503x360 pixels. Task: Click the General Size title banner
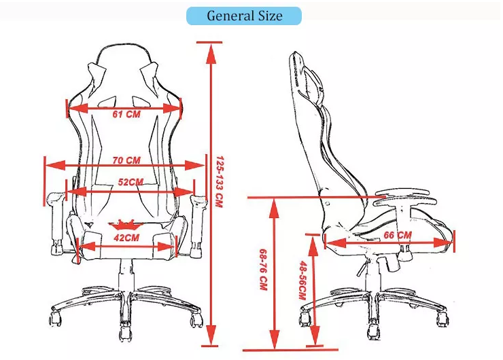pos(243,16)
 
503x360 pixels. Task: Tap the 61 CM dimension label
pos(126,114)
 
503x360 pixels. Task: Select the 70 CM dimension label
pos(126,161)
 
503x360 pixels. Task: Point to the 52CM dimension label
pos(131,182)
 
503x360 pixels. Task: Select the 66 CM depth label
pos(398,235)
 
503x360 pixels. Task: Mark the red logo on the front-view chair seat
pos(126,223)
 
